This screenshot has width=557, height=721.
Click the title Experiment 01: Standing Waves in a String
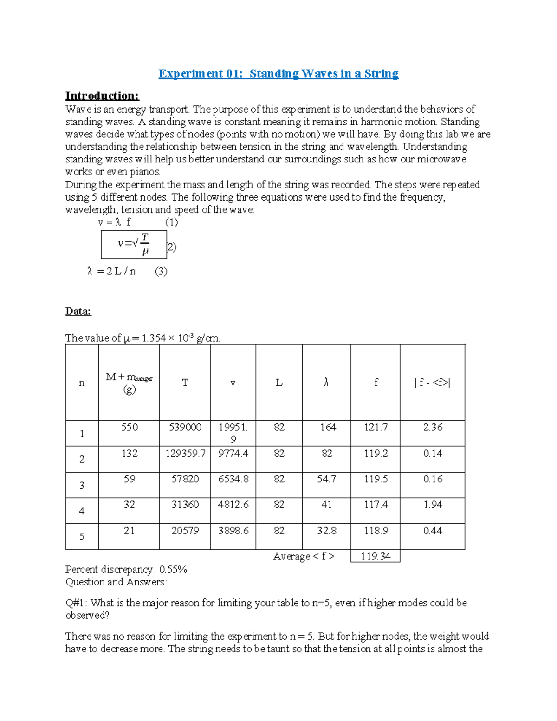[278, 74]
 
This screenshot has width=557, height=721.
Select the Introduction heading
[102, 96]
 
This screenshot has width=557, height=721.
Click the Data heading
[78, 311]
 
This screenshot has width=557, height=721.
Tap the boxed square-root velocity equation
[134, 244]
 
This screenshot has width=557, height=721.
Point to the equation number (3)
[161, 271]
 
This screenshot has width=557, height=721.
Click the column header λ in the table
[326, 383]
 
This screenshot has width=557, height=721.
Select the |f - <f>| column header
[432, 383]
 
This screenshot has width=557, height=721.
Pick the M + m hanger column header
[129, 383]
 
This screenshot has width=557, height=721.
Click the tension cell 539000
[185, 427]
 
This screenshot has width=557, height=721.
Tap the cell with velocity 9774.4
[233, 453]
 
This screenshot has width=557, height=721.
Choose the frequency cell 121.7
[376, 427]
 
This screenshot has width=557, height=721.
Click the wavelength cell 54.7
[326, 479]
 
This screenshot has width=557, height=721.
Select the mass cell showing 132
[129, 453]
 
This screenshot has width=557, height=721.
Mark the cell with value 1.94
[433, 505]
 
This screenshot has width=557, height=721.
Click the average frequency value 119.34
[376, 556]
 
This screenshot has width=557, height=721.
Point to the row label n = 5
[82, 537]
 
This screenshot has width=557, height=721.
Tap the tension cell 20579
[185, 531]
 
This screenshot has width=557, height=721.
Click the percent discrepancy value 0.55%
[173, 570]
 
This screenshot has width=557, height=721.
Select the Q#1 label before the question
[75, 603]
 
